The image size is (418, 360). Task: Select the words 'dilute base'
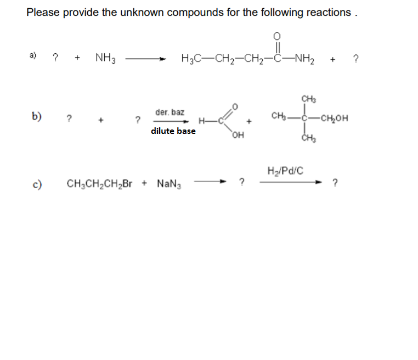coord(173,131)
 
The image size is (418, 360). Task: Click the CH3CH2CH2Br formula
coord(99,183)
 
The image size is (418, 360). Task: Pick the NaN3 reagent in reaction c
coord(169,183)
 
